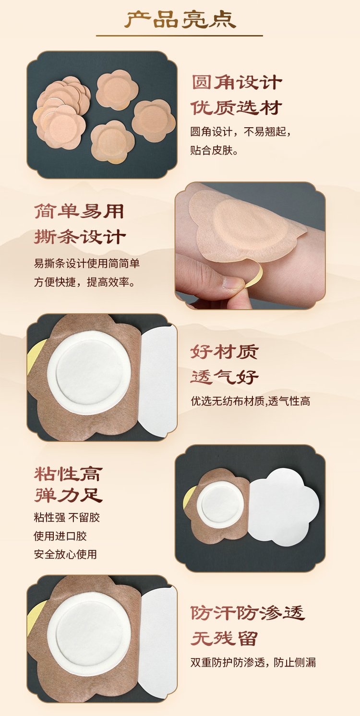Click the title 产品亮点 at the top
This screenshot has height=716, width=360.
tap(180, 20)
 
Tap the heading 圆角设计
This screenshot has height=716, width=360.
tap(236, 83)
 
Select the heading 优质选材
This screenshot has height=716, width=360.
tap(236, 108)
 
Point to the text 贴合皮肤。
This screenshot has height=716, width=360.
tap(214, 150)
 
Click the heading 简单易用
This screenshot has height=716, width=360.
tap(79, 212)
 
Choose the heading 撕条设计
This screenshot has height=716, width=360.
tap(80, 237)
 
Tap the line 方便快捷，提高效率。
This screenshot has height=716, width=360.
tap(84, 282)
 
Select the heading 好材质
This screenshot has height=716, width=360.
tap(224, 352)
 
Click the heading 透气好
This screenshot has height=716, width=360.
tap(224, 377)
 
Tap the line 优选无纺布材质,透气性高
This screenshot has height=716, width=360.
tap(251, 401)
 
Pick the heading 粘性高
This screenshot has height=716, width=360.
tap(68, 473)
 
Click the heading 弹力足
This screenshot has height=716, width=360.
tap(68, 495)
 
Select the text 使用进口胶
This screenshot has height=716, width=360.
tap(60, 536)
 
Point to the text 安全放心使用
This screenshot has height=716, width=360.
tap(65, 554)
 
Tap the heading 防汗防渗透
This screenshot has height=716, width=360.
tap(248, 613)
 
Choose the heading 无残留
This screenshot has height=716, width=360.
tap(224, 638)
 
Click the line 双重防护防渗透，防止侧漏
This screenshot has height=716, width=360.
tap(253, 662)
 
